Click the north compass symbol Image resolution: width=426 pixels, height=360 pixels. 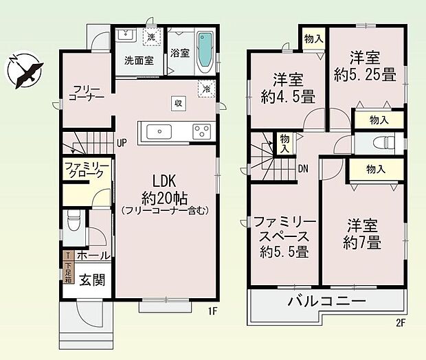25,68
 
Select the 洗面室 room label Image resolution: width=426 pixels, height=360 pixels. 138,60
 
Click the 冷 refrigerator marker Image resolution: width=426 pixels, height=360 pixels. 205,88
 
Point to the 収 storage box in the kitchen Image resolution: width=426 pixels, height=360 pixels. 177,104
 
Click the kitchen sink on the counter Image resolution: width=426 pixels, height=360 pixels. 155,131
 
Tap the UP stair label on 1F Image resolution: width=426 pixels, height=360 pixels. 122,144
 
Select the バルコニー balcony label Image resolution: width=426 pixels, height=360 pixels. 326,301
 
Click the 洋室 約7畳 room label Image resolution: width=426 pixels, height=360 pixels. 364,233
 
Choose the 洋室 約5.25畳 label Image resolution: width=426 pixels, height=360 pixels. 365,66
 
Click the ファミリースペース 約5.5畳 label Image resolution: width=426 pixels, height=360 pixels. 283,236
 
